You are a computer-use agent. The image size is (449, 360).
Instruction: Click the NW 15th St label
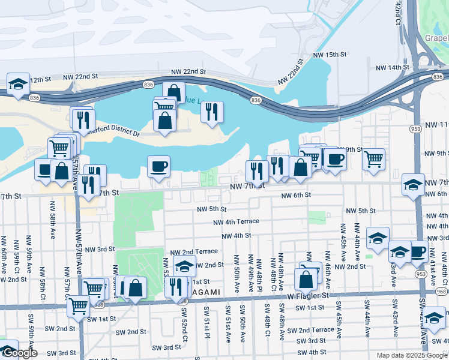click(330, 55)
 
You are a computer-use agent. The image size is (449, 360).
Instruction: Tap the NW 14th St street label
click(390, 68)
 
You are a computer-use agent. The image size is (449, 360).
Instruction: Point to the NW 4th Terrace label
click(236, 221)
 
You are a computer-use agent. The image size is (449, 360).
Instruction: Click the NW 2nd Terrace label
click(194, 252)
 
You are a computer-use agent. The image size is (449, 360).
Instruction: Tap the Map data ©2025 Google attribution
click(411, 355)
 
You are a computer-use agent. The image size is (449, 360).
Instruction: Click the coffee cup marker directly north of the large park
click(158, 166)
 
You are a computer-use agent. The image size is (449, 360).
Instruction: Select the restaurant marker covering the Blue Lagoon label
click(212, 112)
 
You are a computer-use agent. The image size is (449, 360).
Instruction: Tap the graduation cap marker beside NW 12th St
click(18, 83)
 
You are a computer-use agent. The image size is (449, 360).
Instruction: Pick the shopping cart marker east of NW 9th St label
click(373, 159)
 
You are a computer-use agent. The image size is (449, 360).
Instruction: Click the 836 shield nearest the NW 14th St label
click(438, 77)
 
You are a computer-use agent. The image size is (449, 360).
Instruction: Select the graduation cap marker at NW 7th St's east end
click(413, 185)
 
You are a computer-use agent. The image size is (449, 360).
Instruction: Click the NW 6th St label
click(297, 195)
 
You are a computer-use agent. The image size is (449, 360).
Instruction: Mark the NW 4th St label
click(235, 236)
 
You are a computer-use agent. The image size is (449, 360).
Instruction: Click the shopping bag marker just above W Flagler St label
click(306, 280)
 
